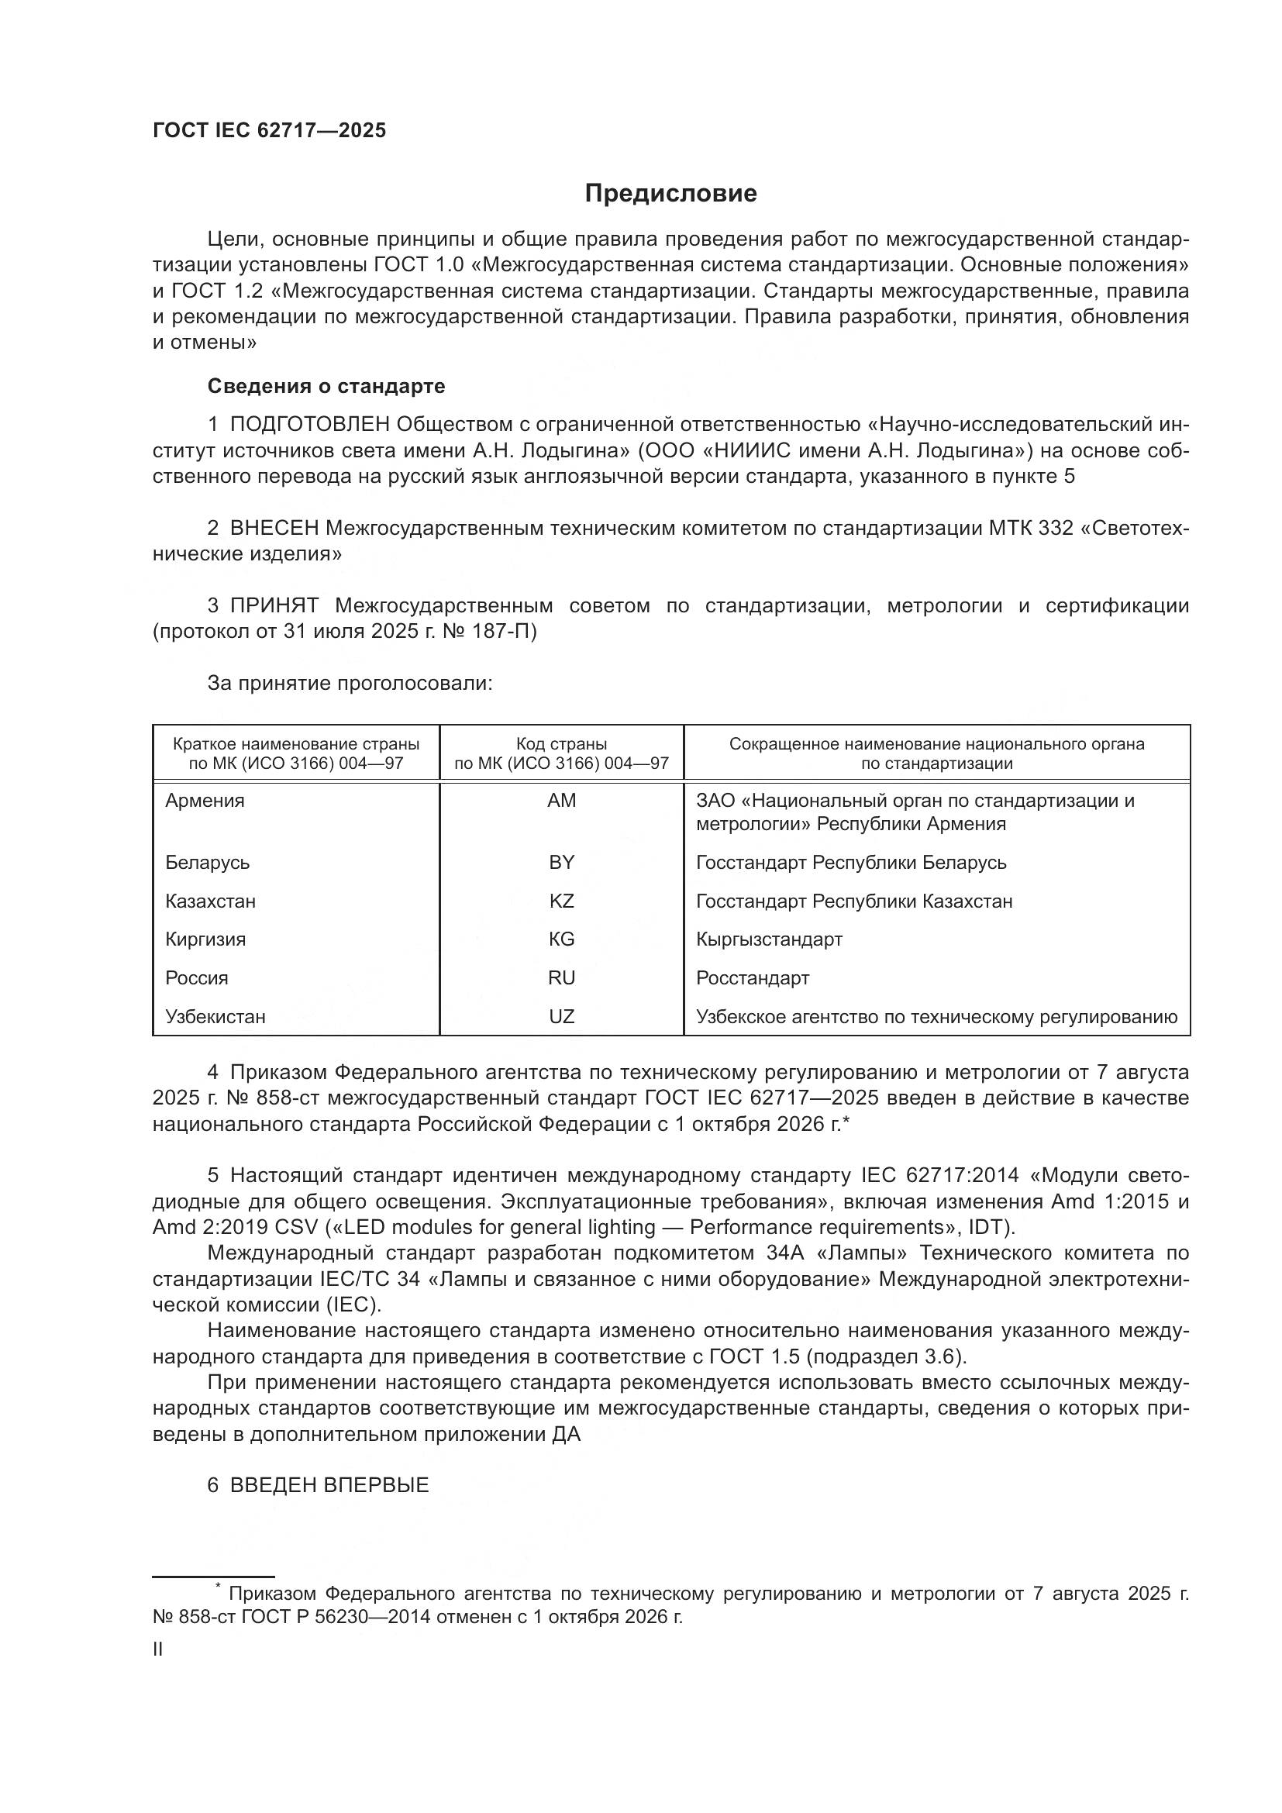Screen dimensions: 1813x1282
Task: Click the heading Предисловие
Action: (x=670, y=194)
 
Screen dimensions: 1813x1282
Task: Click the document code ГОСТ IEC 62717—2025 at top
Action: (x=269, y=131)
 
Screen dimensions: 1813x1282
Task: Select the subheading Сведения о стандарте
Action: (x=326, y=386)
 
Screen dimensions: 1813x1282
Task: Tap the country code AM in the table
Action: (x=561, y=801)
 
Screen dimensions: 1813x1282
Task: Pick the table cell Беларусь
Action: (x=207, y=862)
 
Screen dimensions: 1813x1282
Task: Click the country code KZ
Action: (x=561, y=901)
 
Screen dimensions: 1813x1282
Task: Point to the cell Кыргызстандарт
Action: (x=769, y=939)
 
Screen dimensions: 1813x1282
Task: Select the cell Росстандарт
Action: (x=753, y=978)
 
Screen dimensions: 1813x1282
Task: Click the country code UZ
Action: (x=561, y=1017)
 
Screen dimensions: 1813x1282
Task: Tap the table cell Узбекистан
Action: (x=215, y=1017)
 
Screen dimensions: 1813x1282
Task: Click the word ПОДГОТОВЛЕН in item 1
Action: (x=309, y=425)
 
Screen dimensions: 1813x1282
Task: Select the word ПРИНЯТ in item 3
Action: (x=274, y=605)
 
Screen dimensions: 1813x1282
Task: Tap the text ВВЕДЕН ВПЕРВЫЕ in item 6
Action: (x=329, y=1485)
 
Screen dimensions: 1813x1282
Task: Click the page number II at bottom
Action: (x=158, y=1649)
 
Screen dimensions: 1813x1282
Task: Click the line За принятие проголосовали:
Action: (x=350, y=683)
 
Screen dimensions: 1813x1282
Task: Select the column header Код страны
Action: (x=561, y=744)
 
